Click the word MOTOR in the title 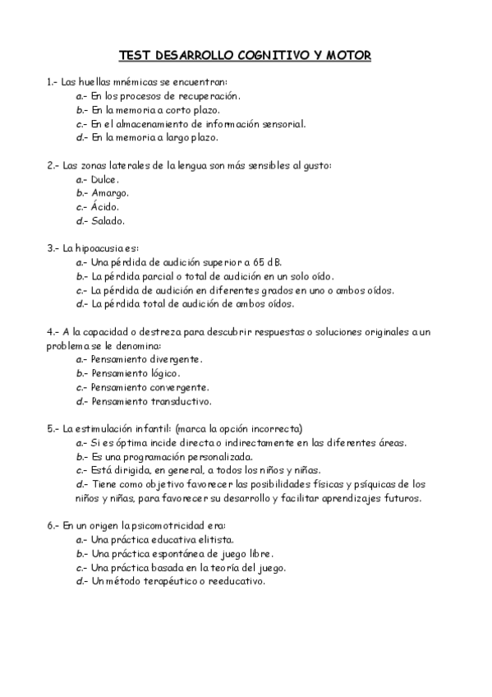point(348,56)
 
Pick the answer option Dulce point(105,179)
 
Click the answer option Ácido point(105,207)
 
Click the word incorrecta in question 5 point(273,428)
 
